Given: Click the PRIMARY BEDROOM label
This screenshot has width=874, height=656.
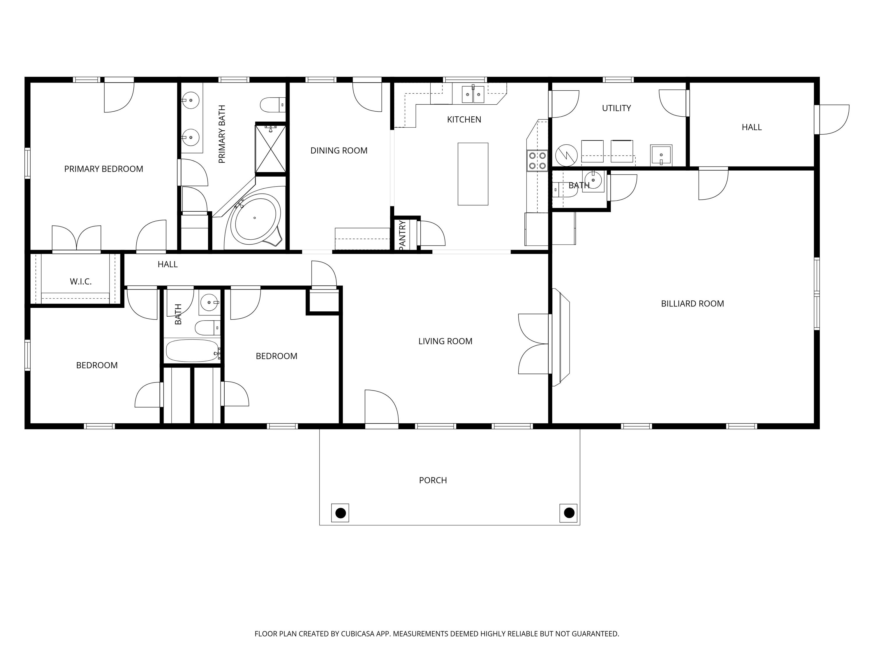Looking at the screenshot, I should point(103,169).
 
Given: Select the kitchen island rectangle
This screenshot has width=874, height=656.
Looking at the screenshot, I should point(473,174).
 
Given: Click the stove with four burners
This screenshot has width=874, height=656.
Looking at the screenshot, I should point(537,161).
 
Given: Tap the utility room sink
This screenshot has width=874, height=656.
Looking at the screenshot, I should point(661,155).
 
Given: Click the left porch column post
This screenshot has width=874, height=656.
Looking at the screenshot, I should point(340,513).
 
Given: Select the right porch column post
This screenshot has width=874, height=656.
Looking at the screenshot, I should point(569,513).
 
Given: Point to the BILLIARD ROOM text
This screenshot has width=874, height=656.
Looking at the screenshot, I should point(692,304).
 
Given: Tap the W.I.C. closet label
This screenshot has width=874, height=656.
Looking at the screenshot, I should point(81,282).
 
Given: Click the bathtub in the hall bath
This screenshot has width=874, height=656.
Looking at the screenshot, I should point(192,350).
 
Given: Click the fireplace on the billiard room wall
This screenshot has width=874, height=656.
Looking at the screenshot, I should point(560,337).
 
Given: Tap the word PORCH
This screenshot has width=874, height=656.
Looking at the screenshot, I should point(433,480).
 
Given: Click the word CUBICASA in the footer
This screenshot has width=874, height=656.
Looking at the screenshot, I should point(357,634).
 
